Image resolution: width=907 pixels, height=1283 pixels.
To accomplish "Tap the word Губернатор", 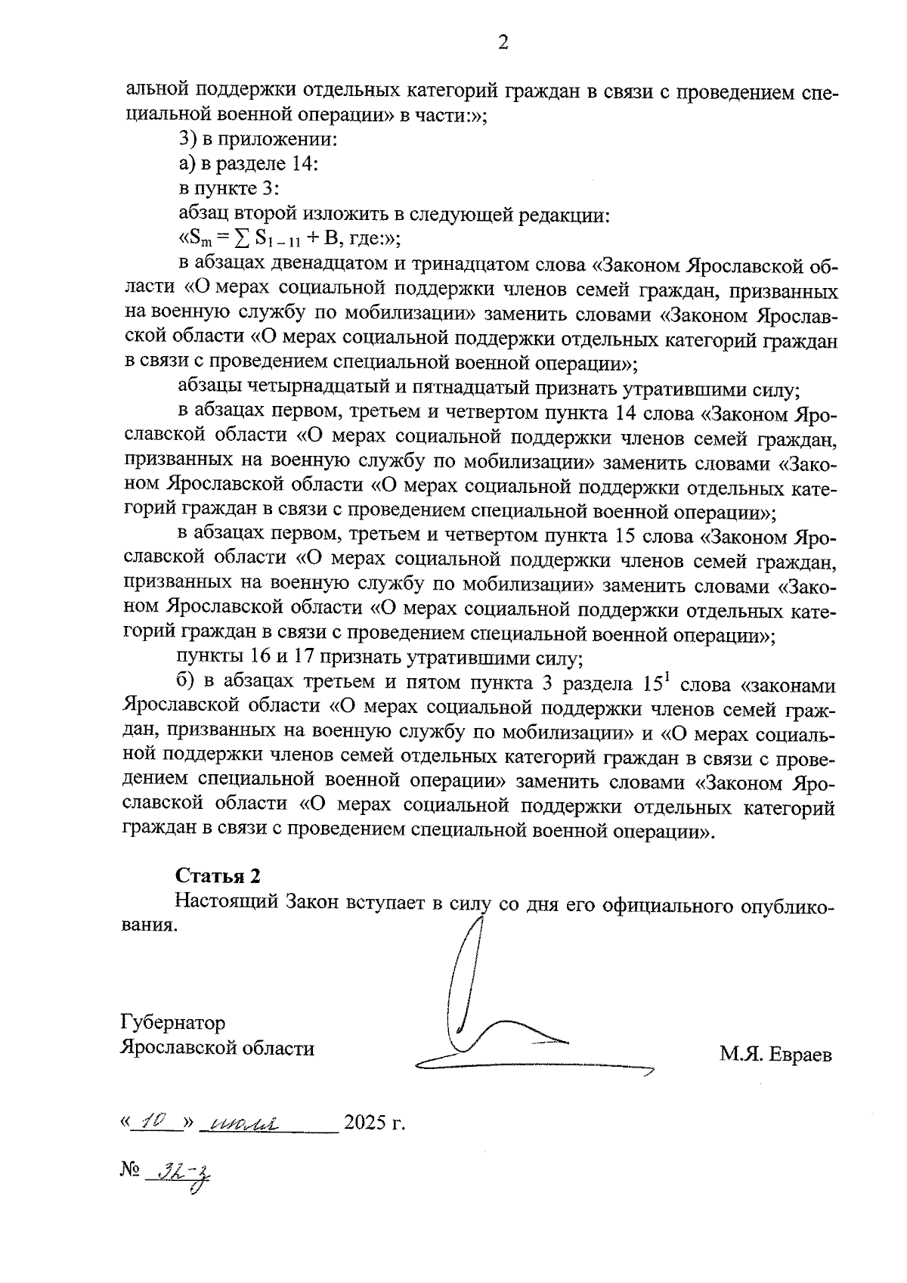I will coord(173,1024).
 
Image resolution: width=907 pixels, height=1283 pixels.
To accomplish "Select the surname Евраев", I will coord(801,1054).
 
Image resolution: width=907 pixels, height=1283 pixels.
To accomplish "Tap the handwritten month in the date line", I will coord(246,1122).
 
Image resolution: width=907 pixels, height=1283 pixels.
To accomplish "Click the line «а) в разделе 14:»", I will coord(247,164).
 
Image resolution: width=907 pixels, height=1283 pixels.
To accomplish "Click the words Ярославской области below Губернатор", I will coord(218,1049).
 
